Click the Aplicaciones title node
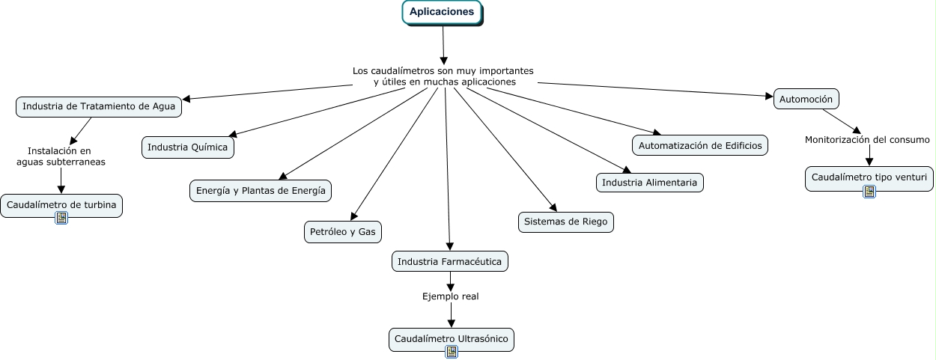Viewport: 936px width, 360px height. tap(441, 13)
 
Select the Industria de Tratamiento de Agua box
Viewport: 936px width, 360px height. tap(99, 107)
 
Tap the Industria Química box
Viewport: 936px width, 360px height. tap(187, 147)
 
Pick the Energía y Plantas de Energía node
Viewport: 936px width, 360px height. tap(261, 191)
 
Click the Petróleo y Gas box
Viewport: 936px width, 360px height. tap(342, 232)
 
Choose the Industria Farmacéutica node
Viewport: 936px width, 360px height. tap(450, 261)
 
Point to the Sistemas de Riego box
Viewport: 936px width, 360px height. tap(565, 222)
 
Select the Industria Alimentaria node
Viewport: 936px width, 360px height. tap(649, 183)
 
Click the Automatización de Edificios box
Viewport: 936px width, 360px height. tap(700, 145)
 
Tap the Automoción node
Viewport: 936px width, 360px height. tap(806, 99)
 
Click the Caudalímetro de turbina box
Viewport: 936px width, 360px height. tap(61, 204)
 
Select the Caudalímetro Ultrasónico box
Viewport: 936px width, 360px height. tap(452, 339)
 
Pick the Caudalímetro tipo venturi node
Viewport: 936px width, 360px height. tap(869, 178)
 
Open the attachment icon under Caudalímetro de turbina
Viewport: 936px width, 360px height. tap(61, 218)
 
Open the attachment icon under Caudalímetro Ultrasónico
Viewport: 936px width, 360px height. tap(451, 352)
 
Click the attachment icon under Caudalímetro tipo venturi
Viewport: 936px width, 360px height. tap(869, 192)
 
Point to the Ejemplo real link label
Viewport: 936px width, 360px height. tap(450, 296)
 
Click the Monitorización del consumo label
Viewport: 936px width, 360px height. tap(867, 140)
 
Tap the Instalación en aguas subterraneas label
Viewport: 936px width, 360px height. tap(61, 156)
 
